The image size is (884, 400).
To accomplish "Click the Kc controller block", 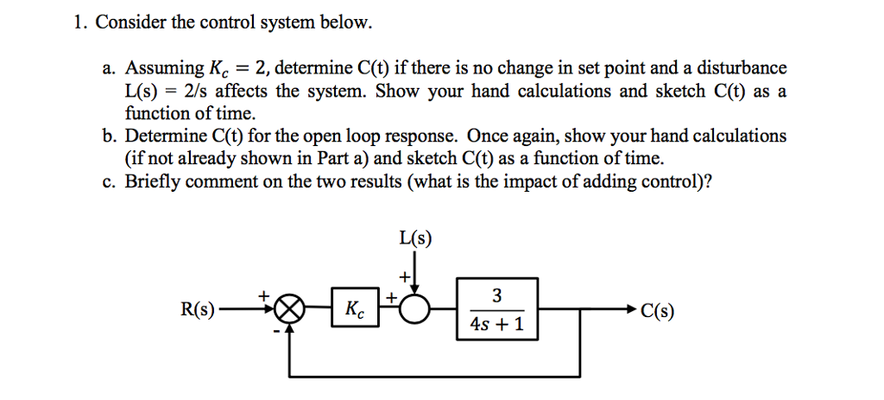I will pos(354,309).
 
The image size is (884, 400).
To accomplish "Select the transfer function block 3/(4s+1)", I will pos(496,309).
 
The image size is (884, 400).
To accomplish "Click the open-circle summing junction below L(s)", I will pos(415,309).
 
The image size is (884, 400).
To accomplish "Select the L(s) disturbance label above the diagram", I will pos(415,238).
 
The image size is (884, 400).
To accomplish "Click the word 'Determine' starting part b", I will pos(166,137).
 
